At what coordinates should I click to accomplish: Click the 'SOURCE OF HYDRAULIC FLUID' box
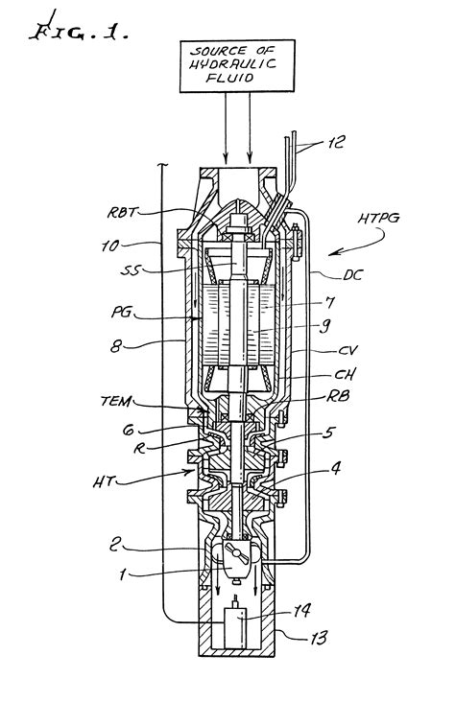[x=237, y=66]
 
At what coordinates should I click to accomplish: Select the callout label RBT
[x=121, y=212]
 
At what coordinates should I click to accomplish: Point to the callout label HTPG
[x=378, y=219]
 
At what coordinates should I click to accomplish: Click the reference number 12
[x=336, y=142]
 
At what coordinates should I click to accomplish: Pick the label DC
[x=352, y=275]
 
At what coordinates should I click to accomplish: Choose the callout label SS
[x=131, y=270]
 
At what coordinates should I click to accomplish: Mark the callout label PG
[x=121, y=312]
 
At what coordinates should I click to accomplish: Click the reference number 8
[x=115, y=346]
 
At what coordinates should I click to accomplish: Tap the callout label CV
[x=347, y=350]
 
